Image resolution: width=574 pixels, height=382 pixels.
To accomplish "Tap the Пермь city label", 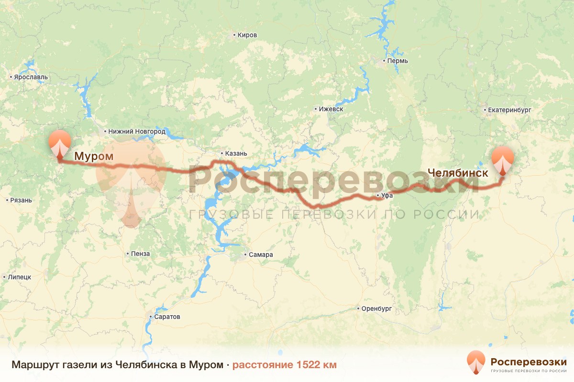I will (x=398, y=61).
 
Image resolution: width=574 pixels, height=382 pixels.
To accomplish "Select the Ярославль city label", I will (x=31, y=77).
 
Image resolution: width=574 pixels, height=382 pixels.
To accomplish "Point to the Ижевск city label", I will (x=331, y=109).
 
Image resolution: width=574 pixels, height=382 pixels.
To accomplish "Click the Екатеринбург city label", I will (x=509, y=110).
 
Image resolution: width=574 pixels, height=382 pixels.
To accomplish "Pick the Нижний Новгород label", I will (x=136, y=131).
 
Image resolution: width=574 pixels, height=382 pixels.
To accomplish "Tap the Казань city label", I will (x=235, y=153).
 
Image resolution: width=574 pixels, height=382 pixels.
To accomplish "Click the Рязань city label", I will (x=21, y=200).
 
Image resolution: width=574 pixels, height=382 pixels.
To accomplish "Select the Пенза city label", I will (x=140, y=254).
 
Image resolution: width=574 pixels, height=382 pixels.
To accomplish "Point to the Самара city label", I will (x=261, y=255).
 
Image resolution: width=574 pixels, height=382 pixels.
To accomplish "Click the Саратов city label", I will (x=167, y=317).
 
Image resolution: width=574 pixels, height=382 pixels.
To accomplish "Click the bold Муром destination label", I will (x=94, y=156).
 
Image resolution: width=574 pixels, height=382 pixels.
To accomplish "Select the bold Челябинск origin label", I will (x=458, y=173).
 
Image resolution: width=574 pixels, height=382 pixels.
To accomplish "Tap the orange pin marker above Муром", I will (x=60, y=142).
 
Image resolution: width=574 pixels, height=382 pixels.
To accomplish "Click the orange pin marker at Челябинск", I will (x=503, y=160).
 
